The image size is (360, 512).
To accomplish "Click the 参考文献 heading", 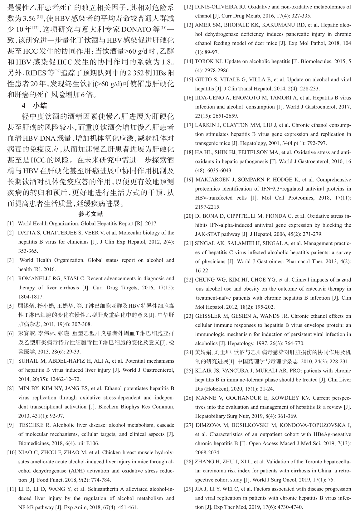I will [90, 214].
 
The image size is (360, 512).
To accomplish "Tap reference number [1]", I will [11, 224].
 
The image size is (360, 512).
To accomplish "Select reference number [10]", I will [12, 452].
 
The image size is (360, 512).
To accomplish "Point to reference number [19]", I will [188, 180].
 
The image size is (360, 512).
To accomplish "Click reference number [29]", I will [188, 489].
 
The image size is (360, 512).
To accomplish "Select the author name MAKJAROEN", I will [213, 180].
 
